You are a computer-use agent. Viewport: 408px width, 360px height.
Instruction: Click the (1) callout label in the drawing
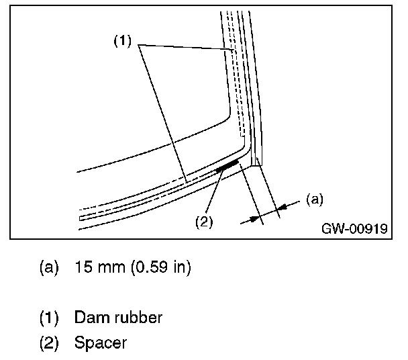tap(123, 40)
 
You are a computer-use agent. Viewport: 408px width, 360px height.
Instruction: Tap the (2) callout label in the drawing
tap(204, 222)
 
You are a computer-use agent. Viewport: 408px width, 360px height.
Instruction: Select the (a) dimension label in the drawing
tap(314, 199)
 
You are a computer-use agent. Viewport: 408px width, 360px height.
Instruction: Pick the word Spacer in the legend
tap(101, 344)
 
